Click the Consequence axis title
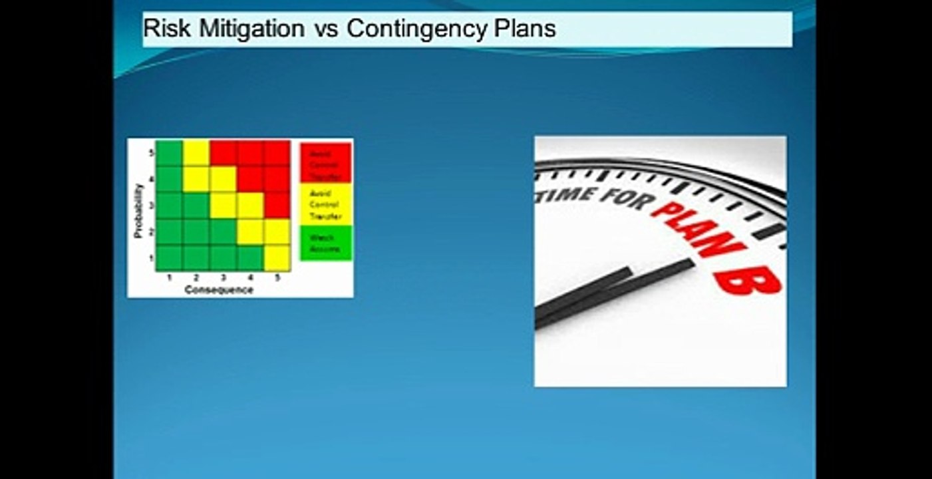point(218,289)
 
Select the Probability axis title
point(138,211)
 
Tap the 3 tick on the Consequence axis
point(223,277)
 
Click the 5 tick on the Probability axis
point(152,153)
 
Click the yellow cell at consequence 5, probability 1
point(277,257)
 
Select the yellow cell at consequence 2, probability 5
point(196,153)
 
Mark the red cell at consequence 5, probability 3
point(277,205)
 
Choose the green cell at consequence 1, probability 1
point(169,257)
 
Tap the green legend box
point(325,243)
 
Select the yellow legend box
point(325,204)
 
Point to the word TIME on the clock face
point(565,195)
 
